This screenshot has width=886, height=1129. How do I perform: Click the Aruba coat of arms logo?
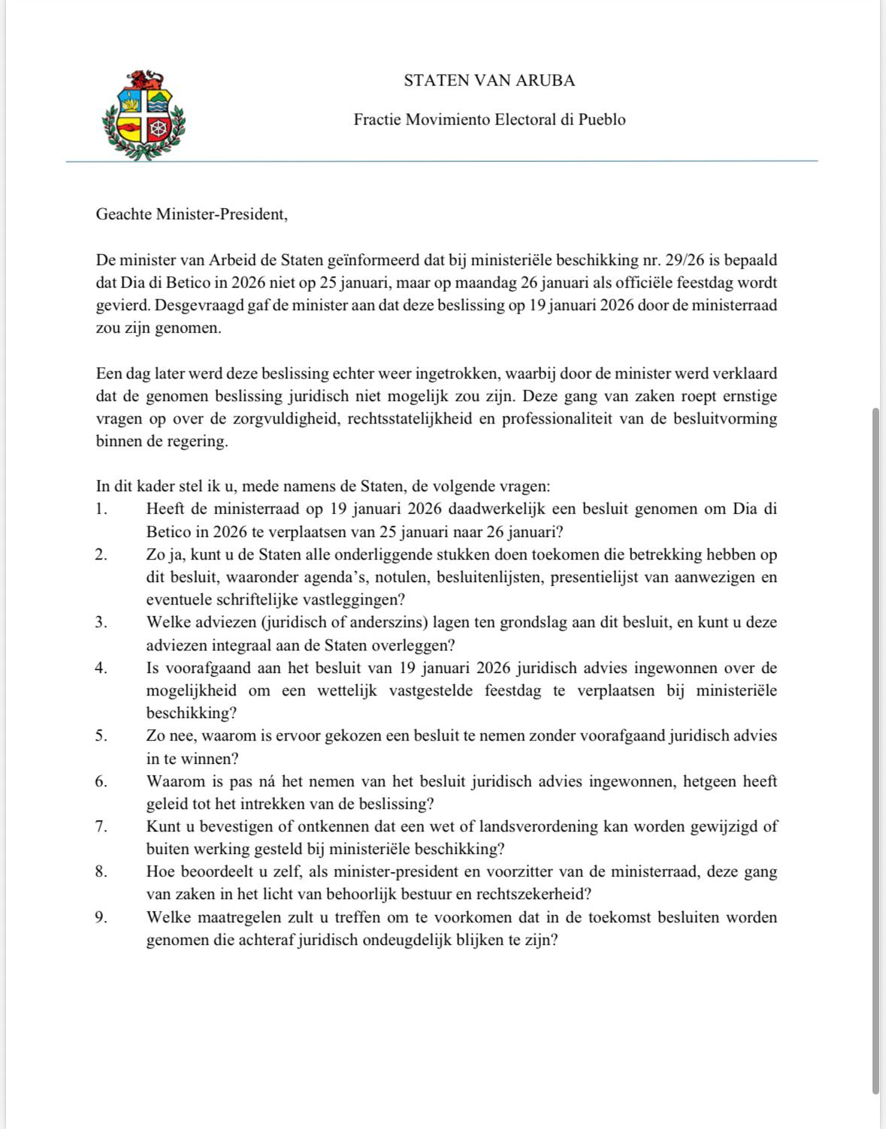coord(144,115)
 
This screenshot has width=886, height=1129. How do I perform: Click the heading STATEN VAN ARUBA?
coord(489,80)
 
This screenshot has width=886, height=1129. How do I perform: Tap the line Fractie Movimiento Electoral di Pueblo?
coord(489,119)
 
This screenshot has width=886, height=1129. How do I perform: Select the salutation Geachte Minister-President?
coord(192,214)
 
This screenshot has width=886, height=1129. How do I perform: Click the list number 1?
coord(101,509)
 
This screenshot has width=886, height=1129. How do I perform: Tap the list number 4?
coord(101,668)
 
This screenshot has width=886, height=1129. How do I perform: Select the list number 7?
coord(101,826)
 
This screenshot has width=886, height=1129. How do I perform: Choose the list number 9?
coord(101,917)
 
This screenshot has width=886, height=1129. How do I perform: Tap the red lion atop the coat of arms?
coord(144,79)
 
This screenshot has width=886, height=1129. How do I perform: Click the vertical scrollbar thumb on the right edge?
coord(875,751)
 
